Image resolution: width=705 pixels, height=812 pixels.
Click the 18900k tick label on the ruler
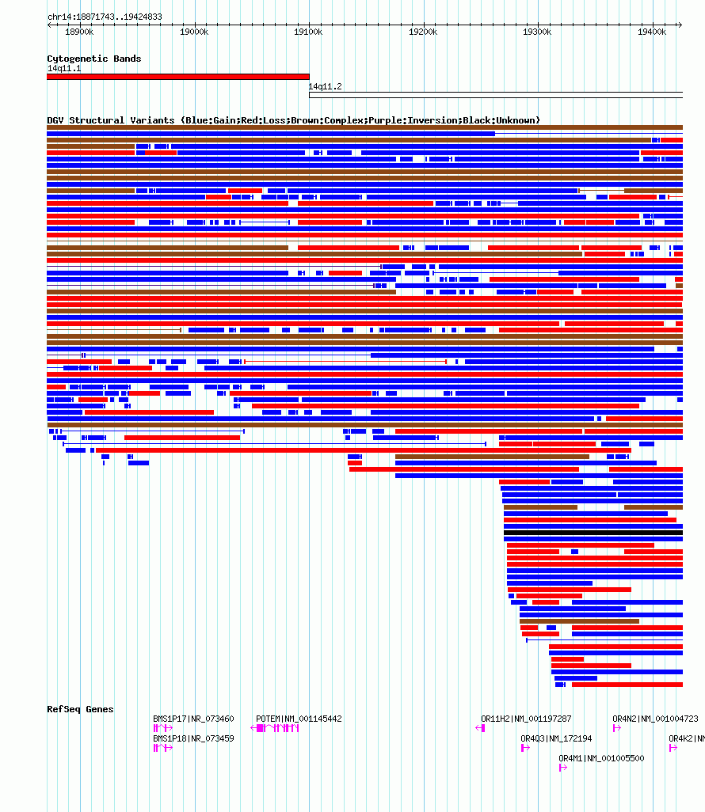(x=79, y=32)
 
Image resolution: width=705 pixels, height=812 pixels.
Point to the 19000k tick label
(x=194, y=32)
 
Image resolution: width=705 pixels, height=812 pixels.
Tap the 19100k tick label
(x=308, y=32)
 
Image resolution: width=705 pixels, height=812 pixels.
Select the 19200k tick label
(x=423, y=32)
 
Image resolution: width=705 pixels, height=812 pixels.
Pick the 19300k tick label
(x=538, y=32)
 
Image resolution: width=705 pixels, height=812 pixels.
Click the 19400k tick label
(x=652, y=32)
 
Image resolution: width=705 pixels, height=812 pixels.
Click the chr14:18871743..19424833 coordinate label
(x=105, y=17)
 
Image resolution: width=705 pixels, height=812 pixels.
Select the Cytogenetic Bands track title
(x=93, y=59)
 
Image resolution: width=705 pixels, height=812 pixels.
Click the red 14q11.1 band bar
(x=177, y=77)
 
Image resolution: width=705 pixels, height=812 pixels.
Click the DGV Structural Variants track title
(x=293, y=120)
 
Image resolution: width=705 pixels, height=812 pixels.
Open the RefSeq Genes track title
(x=80, y=709)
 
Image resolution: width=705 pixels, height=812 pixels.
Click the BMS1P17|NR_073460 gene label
(x=193, y=719)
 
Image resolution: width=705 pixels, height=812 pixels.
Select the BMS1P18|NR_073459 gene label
(x=193, y=738)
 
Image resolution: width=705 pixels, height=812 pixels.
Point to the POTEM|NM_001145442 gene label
(x=299, y=719)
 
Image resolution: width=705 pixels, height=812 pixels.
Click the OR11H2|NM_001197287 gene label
(x=526, y=719)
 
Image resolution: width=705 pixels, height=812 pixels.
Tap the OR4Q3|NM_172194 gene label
(x=556, y=738)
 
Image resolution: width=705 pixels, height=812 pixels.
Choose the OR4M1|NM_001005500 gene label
(x=601, y=758)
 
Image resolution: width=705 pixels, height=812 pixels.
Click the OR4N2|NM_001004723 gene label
(x=655, y=719)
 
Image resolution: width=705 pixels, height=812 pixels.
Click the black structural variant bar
(x=593, y=533)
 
